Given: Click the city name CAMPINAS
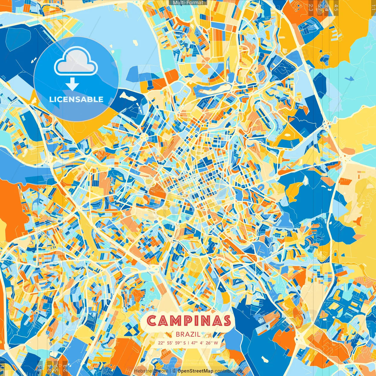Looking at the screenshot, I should pos(189,321).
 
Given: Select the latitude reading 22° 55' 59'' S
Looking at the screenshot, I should pos(172,343).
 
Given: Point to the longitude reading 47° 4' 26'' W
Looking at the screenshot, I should pos(204,343).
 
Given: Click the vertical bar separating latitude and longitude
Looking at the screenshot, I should pos(188,343).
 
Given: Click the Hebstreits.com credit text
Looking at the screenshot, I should pos(151,371).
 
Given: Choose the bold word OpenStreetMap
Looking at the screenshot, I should pos(195,371).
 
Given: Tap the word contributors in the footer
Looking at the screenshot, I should pos(228,371).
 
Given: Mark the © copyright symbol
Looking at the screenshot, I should pos(174,371).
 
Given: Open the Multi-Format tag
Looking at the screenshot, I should pos(188,3).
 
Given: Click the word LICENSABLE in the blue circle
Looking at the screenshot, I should pos(76,99).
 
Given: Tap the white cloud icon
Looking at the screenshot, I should pos(76,62).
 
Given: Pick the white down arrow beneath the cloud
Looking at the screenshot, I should pos(72,85).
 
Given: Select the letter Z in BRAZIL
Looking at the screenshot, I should pos(193,334).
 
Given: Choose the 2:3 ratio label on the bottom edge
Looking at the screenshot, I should pos(65,368).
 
